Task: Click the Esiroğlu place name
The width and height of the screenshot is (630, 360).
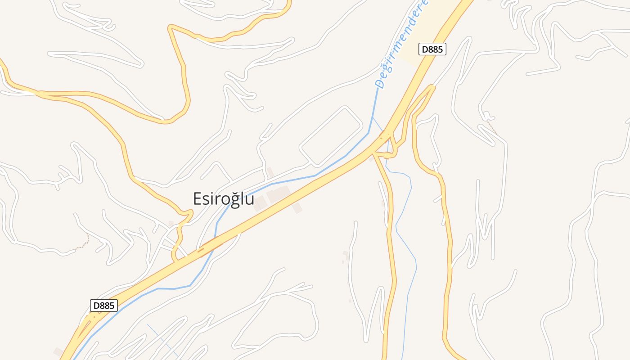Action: click(224, 199)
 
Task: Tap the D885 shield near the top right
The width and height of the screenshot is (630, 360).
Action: click(432, 49)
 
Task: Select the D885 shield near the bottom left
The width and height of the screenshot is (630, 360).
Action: click(104, 306)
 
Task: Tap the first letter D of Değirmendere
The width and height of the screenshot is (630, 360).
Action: click(380, 83)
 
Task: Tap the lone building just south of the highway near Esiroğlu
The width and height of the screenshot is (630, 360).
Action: click(297, 208)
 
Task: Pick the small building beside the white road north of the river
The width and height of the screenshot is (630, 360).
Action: click(270, 172)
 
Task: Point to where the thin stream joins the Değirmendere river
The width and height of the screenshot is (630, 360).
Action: click(373, 118)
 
